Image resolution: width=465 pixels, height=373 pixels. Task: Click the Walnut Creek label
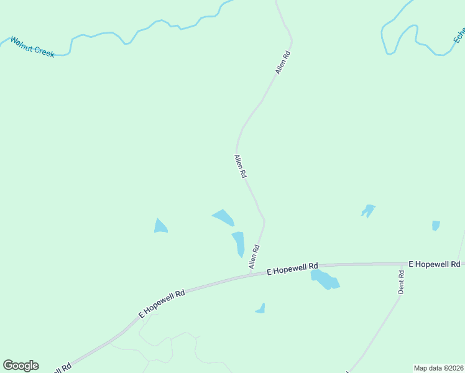(x=32, y=47)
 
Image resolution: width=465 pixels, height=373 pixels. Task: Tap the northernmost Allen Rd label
(x=283, y=63)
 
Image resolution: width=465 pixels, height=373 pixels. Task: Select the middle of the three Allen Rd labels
(x=239, y=167)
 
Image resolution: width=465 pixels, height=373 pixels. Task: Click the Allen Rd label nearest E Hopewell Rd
(x=254, y=257)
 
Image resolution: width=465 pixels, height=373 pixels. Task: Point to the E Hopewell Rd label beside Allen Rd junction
(x=292, y=268)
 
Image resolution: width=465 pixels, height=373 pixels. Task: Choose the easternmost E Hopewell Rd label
(x=434, y=264)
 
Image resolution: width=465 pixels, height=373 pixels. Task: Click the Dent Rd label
(x=402, y=282)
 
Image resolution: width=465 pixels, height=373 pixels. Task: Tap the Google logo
(x=21, y=366)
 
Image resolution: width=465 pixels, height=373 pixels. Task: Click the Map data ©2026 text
(x=438, y=367)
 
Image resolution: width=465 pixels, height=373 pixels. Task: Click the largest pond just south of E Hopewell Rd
(x=325, y=280)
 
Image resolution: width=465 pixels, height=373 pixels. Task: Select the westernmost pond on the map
(x=160, y=226)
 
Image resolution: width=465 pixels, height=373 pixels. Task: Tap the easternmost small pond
(x=436, y=225)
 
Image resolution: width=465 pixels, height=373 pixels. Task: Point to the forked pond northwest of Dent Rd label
(x=368, y=211)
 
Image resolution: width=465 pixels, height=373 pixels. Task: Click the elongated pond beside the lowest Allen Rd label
(x=239, y=243)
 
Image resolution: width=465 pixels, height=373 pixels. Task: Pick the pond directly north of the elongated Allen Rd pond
(x=223, y=217)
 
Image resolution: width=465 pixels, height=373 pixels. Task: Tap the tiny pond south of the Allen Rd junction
(x=260, y=308)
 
